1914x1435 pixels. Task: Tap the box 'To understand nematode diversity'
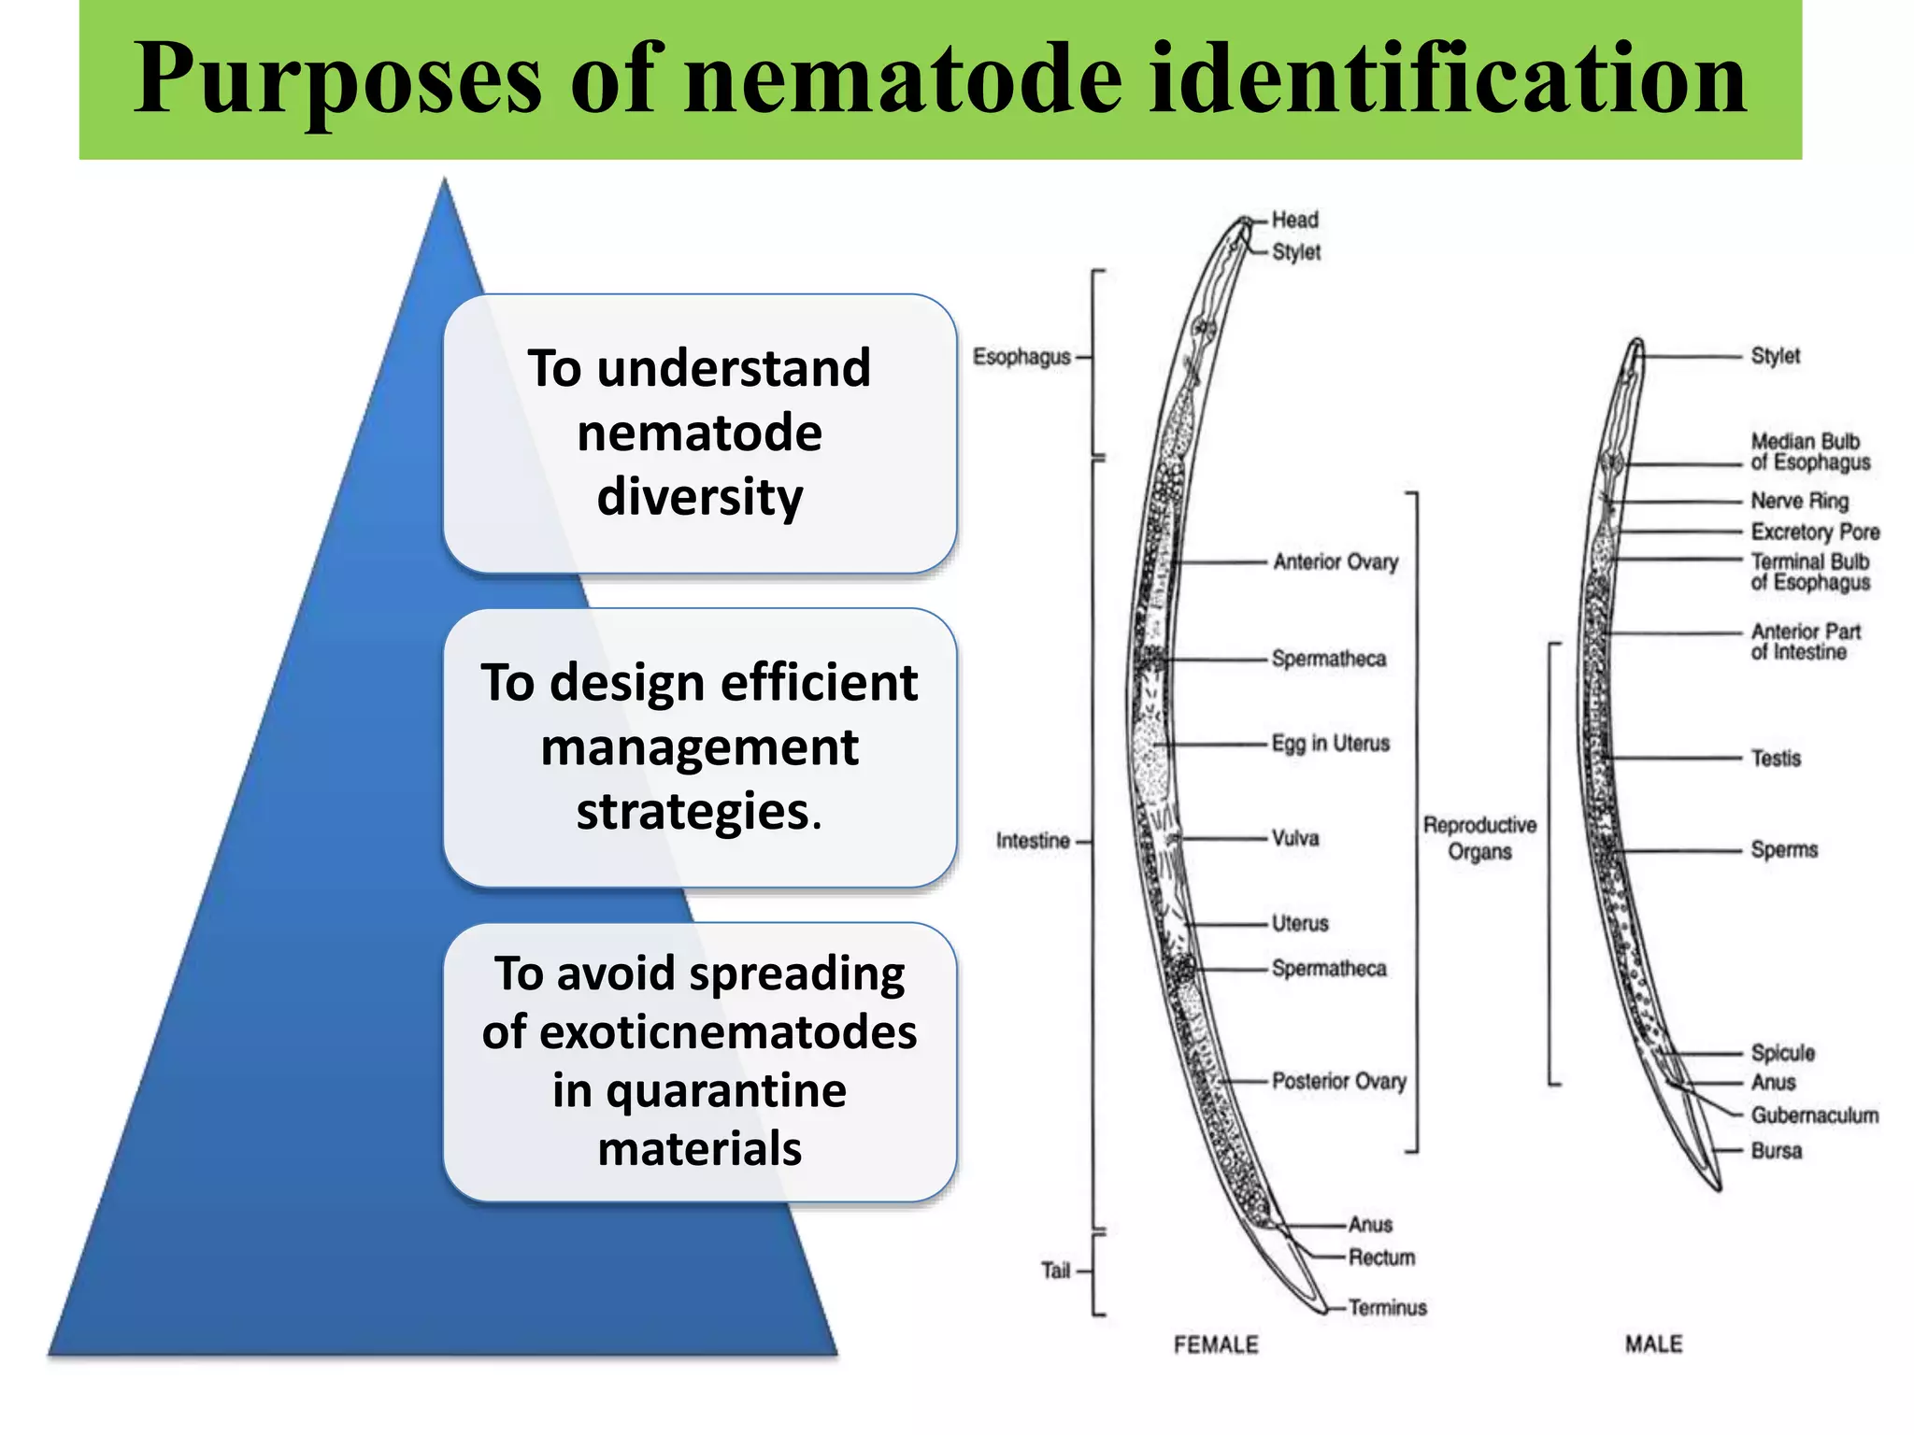click(699, 433)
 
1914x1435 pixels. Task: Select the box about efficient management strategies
click(699, 747)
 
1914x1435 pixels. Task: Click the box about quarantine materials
click(699, 1061)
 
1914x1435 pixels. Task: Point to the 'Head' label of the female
click(1294, 220)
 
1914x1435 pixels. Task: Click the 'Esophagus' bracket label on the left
click(1021, 357)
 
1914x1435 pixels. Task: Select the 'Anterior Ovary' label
click(1336, 561)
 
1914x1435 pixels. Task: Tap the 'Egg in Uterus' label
click(1330, 744)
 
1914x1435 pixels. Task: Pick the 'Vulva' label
click(1295, 838)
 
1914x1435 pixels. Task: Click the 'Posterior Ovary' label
click(1338, 1081)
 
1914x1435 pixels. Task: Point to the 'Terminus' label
click(1387, 1308)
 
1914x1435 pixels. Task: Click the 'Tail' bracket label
click(1055, 1271)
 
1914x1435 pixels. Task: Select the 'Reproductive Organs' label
click(1479, 838)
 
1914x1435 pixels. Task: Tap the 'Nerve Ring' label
click(1799, 501)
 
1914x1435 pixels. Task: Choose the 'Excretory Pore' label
click(1815, 532)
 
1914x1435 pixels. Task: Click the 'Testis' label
click(1776, 758)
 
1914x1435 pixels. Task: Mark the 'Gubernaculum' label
click(1814, 1115)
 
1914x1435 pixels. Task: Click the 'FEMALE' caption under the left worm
click(1216, 1344)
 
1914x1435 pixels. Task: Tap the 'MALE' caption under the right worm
click(1653, 1344)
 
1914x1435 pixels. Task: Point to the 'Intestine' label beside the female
click(1033, 841)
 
